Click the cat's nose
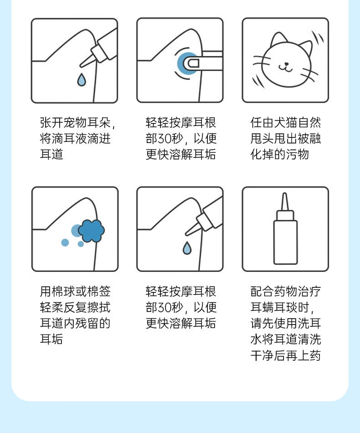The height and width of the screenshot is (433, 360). [287, 64]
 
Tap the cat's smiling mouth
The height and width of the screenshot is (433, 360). [285, 68]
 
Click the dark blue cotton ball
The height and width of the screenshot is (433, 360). [91, 231]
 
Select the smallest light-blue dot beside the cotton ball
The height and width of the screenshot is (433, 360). [81, 244]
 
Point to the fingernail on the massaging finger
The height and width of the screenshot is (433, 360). [193, 64]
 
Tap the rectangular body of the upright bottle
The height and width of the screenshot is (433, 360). [285, 242]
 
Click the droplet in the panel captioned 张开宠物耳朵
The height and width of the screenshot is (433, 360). [82, 80]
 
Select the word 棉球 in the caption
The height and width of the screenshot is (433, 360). [63, 291]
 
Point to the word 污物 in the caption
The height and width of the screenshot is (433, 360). [297, 154]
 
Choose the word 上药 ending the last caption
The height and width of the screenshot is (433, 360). [309, 356]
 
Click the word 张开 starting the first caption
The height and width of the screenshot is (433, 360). [51, 122]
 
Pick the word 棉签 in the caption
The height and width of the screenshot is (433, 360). [99, 291]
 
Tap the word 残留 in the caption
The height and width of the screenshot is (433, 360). [87, 323]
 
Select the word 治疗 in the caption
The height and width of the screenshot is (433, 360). [309, 291]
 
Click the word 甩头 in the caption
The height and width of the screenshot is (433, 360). [262, 138]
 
